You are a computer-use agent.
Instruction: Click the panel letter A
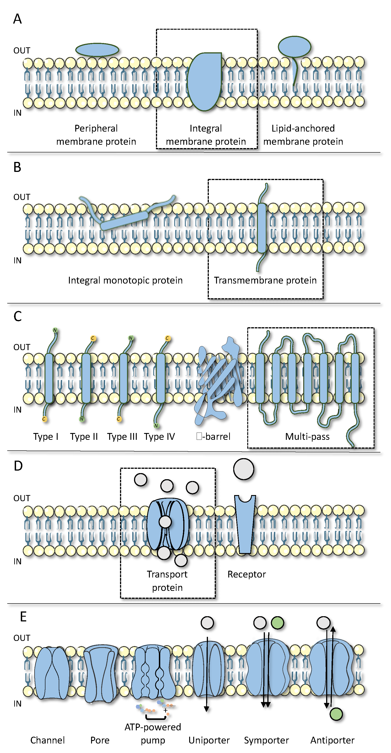[x=17, y=19]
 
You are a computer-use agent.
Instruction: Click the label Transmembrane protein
[x=265, y=280]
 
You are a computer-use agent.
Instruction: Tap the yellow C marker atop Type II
[x=93, y=338]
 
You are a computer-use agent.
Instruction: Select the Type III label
[x=122, y=436]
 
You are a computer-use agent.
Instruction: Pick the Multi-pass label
[x=307, y=436]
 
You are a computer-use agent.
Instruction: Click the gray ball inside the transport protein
[x=165, y=522]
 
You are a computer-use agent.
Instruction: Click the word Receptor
[x=247, y=574]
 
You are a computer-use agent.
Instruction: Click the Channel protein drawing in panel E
[x=52, y=672]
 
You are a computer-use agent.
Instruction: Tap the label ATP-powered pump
[x=153, y=734]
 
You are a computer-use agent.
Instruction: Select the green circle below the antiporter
[x=336, y=714]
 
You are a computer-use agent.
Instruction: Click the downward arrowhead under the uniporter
[x=206, y=709]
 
